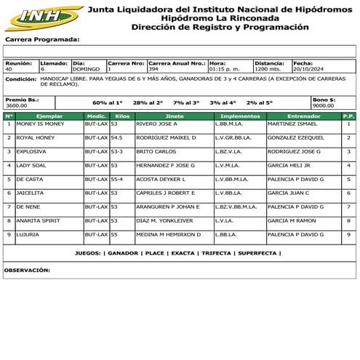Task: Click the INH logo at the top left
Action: [x=42, y=16]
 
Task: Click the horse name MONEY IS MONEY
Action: [x=40, y=124]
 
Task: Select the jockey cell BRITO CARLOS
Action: [x=156, y=151]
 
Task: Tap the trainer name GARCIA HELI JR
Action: [x=287, y=165]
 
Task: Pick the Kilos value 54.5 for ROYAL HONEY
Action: [x=117, y=137]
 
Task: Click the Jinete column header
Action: [x=175, y=116]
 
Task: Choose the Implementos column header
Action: [x=239, y=116]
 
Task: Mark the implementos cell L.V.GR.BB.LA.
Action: [x=233, y=137]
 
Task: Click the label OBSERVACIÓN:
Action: [x=26, y=269]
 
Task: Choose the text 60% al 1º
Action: [x=108, y=103]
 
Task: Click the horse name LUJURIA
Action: [x=28, y=234]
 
